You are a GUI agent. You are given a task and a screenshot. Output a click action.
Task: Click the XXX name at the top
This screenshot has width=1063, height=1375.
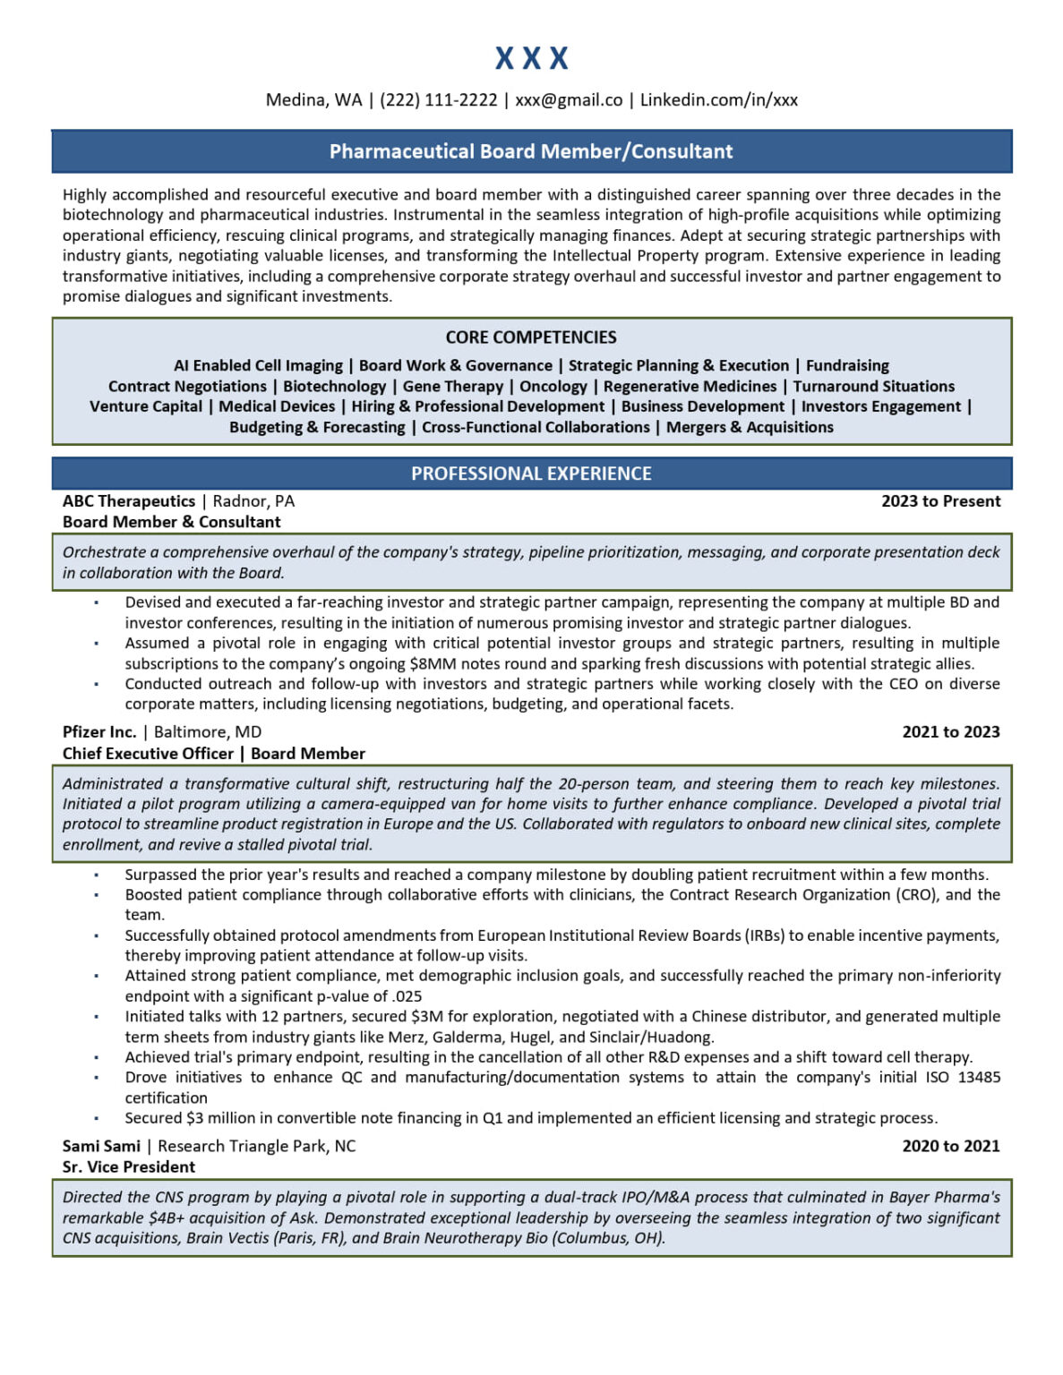[531, 59]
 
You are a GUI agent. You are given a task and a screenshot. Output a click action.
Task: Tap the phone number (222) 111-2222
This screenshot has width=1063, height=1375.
[438, 100]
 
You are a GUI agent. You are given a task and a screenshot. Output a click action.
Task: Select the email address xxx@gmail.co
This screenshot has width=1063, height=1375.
[569, 100]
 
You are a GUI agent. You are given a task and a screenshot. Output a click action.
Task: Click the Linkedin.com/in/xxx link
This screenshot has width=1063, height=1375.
[718, 100]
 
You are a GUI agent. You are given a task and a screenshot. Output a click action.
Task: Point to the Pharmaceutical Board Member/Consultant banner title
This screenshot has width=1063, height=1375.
[531, 151]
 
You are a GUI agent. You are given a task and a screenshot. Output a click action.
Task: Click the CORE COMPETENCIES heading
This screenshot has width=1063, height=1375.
[531, 337]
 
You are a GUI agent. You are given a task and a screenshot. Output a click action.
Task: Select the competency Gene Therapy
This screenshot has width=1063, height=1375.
[452, 387]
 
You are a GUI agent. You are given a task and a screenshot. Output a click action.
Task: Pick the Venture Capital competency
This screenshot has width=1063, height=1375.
[146, 406]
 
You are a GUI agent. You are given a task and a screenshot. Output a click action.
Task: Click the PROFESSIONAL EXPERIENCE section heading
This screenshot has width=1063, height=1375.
[531, 474]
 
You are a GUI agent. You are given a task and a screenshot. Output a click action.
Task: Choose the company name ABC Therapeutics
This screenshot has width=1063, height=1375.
[129, 501]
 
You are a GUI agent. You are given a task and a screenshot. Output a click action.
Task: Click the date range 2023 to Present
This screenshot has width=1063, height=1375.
[940, 501]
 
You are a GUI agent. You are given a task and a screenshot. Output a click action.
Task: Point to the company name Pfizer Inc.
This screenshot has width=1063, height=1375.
[99, 732]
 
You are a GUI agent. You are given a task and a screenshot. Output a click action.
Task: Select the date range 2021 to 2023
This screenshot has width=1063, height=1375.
[950, 732]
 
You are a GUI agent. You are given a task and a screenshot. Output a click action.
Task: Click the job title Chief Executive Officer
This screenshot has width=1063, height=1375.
[148, 754]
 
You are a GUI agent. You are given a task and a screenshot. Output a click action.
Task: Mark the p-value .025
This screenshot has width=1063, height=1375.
[407, 996]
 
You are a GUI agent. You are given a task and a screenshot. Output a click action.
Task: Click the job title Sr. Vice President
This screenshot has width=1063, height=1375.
[129, 1167]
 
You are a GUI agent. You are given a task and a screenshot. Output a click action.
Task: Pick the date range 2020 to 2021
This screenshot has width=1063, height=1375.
[950, 1146]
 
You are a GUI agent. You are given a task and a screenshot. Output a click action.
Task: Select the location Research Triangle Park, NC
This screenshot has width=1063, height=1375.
[256, 1146]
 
